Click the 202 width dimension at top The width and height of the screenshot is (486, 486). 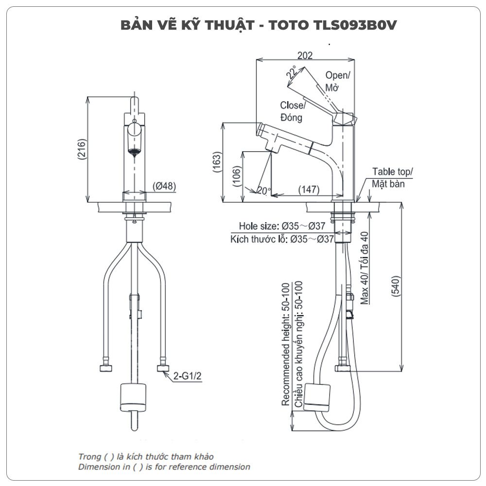point(305,55)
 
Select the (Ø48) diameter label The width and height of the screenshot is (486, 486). point(164,186)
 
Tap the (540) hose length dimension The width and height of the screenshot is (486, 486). point(395,287)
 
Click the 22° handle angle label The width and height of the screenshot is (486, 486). point(292,73)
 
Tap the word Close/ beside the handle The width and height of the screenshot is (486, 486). point(293,105)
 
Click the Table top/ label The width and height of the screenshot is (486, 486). point(392,172)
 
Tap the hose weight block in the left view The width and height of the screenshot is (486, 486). point(132,396)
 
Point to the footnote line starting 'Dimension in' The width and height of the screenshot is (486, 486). point(164,467)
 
